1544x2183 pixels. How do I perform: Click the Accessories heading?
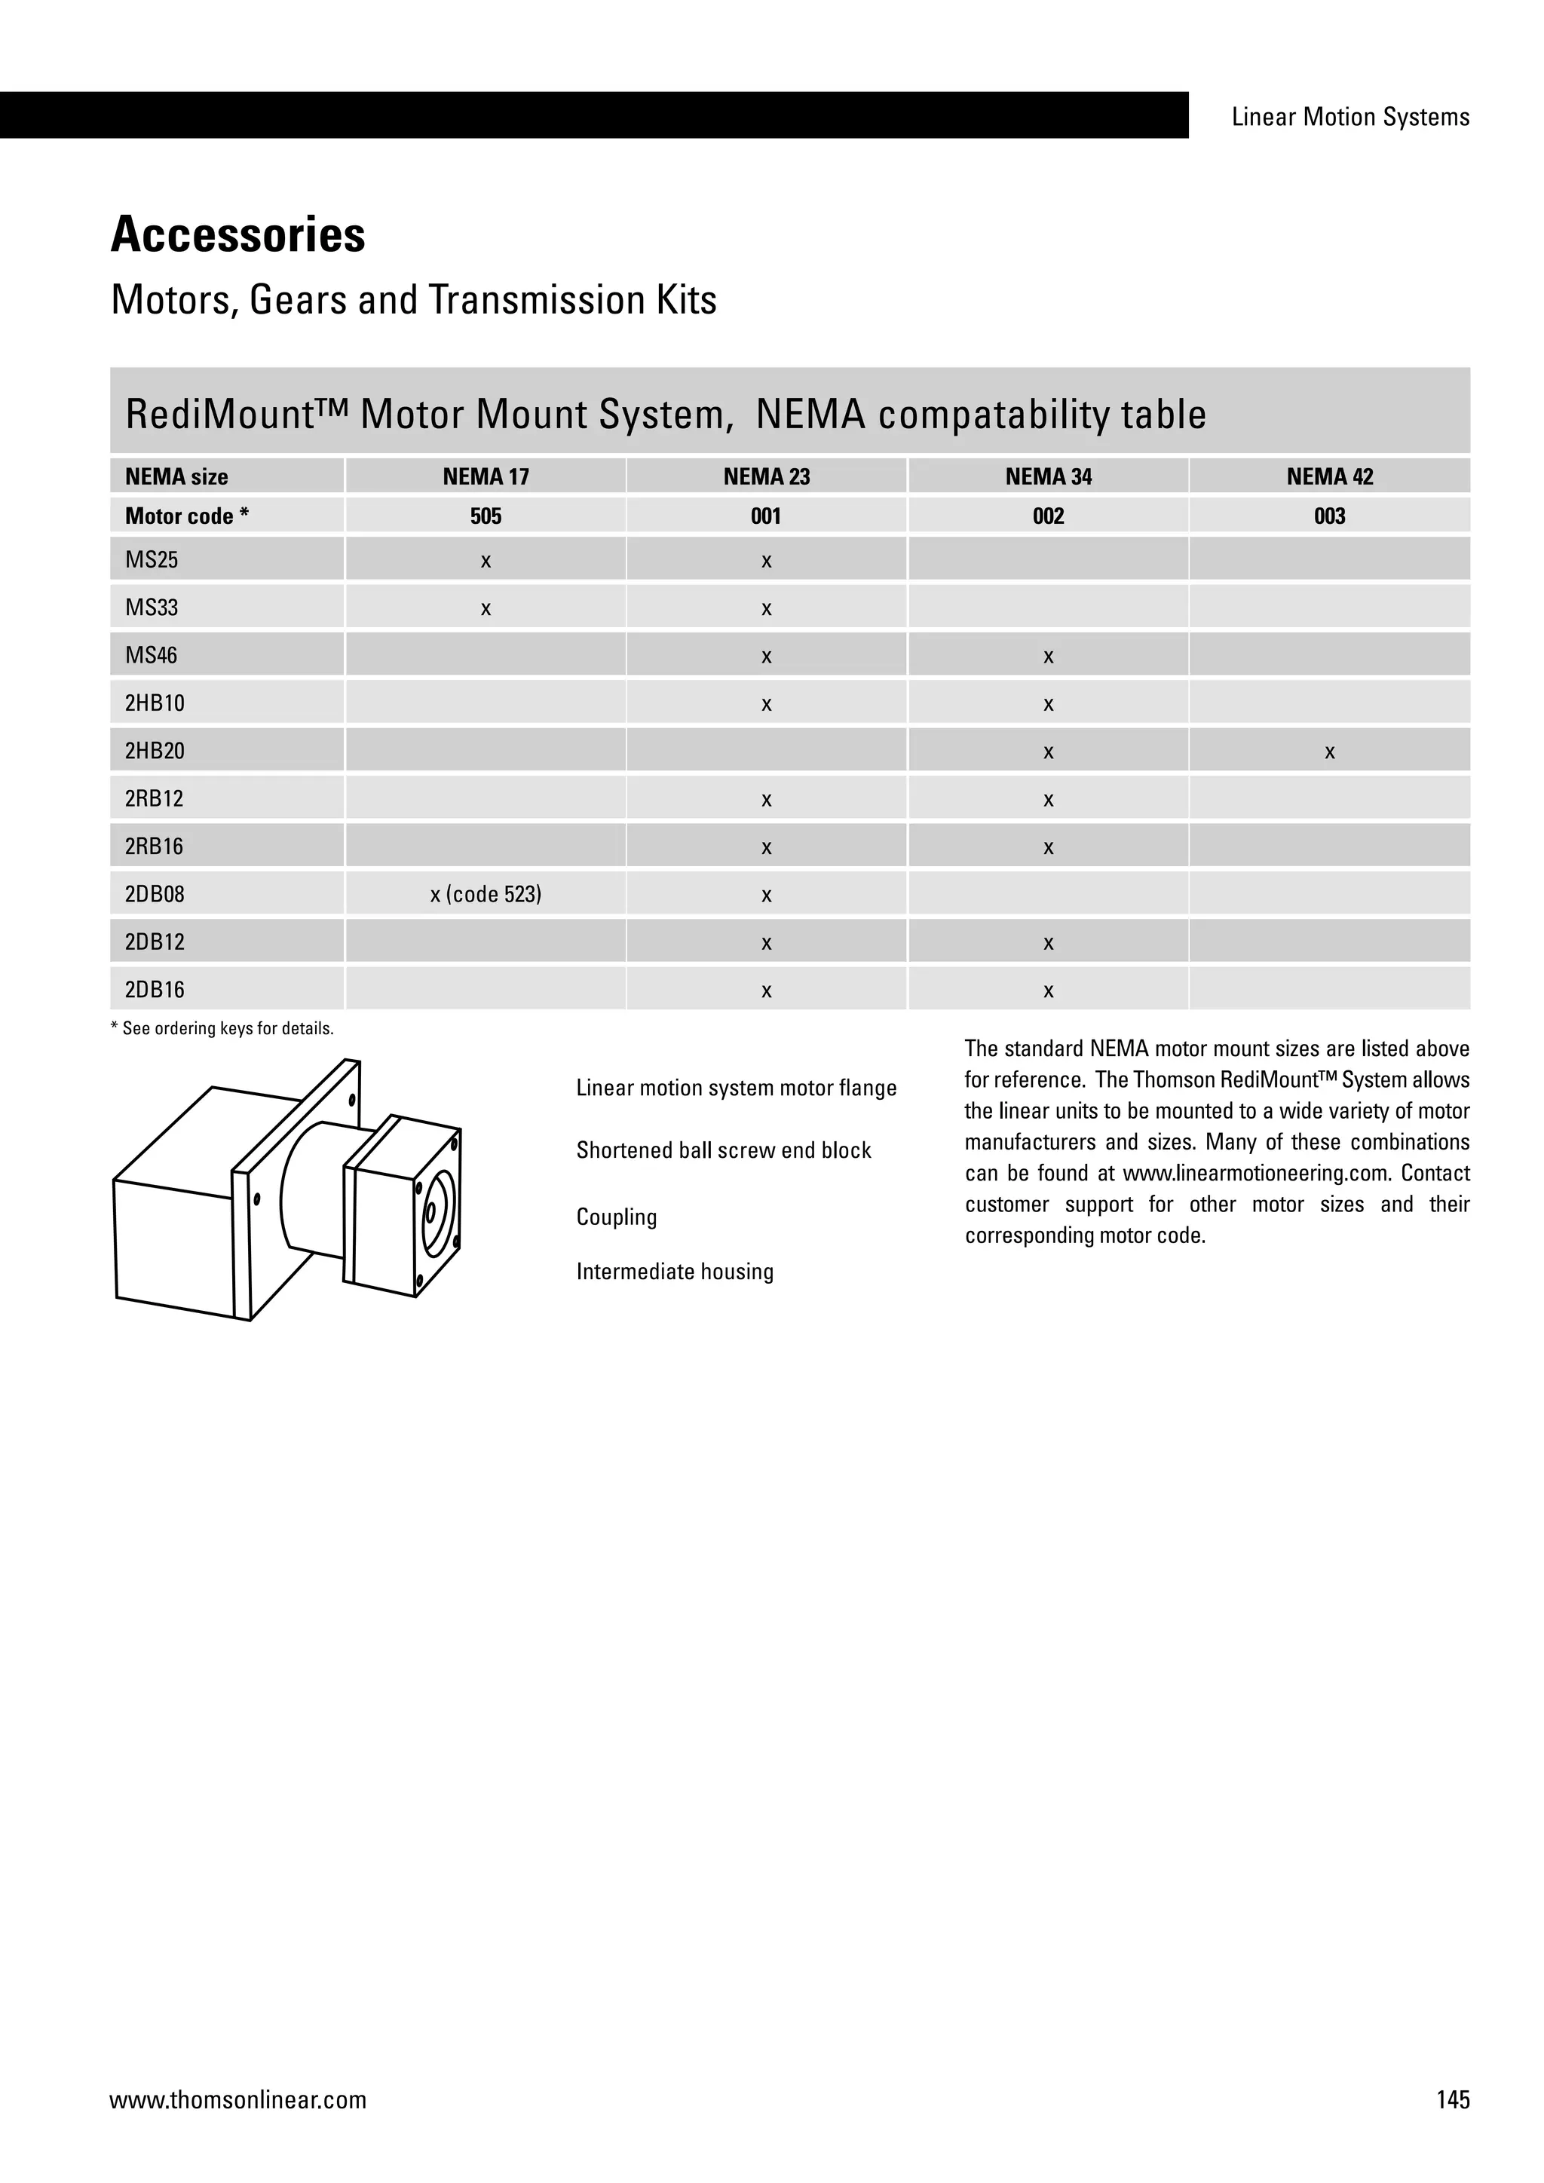tap(237, 235)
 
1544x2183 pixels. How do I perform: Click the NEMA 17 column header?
tap(485, 476)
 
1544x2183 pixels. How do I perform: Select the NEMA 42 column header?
tap(1329, 476)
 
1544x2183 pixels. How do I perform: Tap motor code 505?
tap(485, 516)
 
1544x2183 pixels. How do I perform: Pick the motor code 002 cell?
tap(1048, 516)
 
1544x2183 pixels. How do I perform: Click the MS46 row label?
tap(152, 655)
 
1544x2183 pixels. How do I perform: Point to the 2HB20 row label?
tap(155, 751)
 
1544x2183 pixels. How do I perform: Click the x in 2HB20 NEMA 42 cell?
tap(1329, 753)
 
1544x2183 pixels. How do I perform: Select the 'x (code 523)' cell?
tap(485, 895)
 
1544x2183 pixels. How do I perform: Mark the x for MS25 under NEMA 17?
tap(485, 562)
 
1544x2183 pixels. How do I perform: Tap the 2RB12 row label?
tap(154, 799)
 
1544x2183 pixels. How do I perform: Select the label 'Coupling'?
tap(616, 1217)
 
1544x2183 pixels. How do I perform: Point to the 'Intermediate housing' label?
tap(674, 1272)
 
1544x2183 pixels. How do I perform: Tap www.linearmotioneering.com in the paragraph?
tap(1255, 1173)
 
